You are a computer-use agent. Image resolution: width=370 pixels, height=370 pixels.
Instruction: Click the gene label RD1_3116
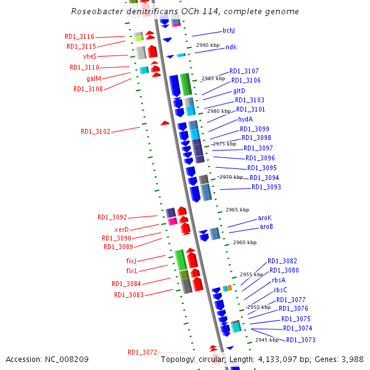click(x=80, y=37)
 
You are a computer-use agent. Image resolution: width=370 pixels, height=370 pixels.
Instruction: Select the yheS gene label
click(x=89, y=56)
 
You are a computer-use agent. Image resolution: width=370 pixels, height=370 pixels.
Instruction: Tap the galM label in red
click(x=94, y=78)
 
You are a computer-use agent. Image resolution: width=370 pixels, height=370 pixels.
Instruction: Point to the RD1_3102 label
click(x=96, y=131)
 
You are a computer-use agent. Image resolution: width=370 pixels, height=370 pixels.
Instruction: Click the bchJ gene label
click(x=229, y=30)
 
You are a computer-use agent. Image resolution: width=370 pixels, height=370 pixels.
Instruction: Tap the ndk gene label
click(x=231, y=47)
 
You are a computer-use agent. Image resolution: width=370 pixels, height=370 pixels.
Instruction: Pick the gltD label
click(x=239, y=91)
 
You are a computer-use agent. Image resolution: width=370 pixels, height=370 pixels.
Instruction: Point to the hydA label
click(x=245, y=119)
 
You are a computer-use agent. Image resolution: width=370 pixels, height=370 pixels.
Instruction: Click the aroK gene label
click(x=265, y=218)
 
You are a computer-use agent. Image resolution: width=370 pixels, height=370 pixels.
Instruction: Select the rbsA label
click(x=279, y=279)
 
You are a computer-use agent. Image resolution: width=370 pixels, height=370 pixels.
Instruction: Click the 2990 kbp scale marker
click(x=207, y=46)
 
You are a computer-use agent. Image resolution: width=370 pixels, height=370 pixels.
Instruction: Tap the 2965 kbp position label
click(x=237, y=210)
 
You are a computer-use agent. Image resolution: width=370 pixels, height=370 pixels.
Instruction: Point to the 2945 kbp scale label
click(x=267, y=340)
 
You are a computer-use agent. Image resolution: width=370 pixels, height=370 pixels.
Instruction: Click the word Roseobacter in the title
click(x=97, y=11)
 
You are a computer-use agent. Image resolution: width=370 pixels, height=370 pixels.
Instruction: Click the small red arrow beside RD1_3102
click(x=165, y=123)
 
